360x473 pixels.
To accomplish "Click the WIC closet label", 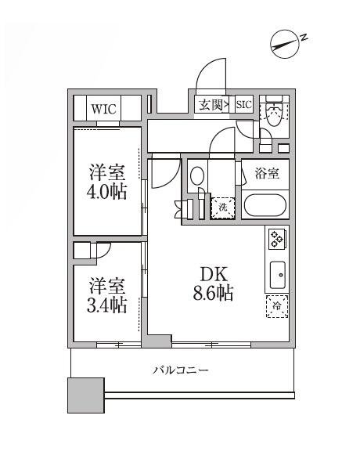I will (x=103, y=109).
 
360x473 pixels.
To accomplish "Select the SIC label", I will (x=243, y=104).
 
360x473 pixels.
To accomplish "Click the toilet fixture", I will (x=273, y=115).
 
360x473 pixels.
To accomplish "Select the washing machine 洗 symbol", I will (x=222, y=208).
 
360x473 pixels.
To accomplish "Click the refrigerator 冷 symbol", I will (x=276, y=307).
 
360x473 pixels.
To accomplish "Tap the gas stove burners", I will (x=277, y=238).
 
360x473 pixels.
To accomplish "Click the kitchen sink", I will (x=277, y=274).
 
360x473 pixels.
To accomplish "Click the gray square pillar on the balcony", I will (x=85, y=395).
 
